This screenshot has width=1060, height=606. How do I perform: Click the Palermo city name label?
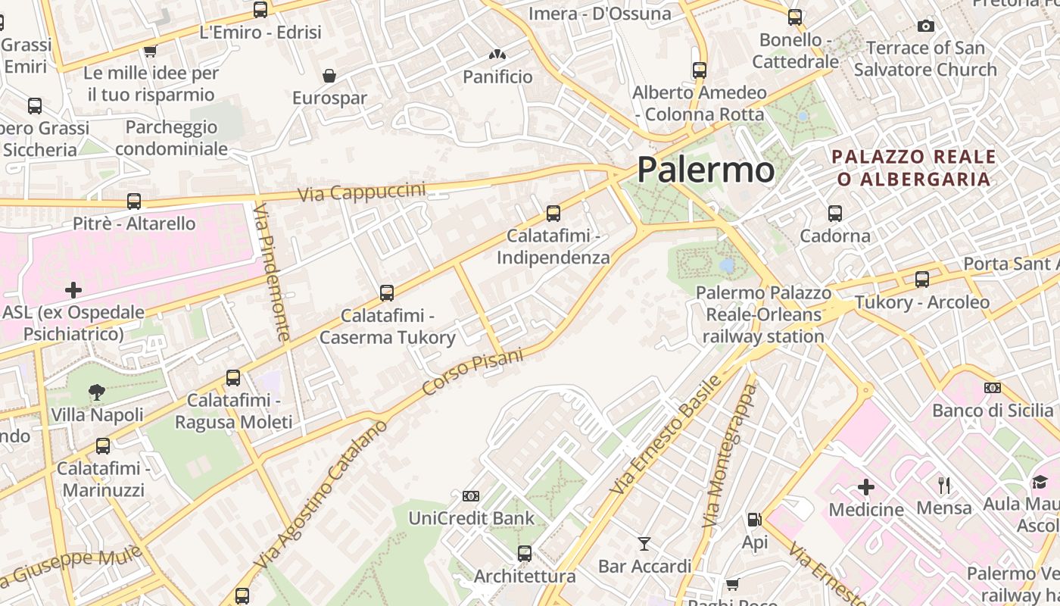coord(706,170)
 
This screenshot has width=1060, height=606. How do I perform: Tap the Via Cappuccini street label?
coord(362,192)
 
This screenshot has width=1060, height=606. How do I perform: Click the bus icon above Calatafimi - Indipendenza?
coord(553,214)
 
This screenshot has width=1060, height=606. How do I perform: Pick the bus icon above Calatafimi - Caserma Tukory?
coord(387,292)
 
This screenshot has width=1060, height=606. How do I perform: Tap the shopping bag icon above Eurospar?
coord(329,76)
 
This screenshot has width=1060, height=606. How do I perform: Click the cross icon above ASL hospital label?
coord(73,290)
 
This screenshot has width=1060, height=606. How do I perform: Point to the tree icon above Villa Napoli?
coord(97,392)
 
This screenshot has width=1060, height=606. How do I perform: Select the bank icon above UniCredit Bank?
coord(471,496)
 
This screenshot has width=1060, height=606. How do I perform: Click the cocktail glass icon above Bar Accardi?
coord(644,544)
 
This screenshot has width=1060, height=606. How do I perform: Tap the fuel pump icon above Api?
coord(754,520)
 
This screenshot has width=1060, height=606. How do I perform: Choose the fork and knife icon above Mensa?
coord(943,485)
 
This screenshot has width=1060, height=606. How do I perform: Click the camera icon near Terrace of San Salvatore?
coord(925,27)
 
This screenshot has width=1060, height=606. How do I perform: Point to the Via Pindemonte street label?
coord(273,270)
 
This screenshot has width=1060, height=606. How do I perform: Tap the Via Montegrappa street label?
coord(730,456)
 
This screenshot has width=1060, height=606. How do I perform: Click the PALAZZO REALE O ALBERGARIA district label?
coord(914,168)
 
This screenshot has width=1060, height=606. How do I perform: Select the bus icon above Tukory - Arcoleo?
coord(922,280)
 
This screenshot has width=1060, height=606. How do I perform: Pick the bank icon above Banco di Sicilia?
coord(993,388)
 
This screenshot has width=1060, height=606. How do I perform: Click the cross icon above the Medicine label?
coord(866,487)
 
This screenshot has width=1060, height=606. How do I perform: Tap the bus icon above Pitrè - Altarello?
coord(134,201)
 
